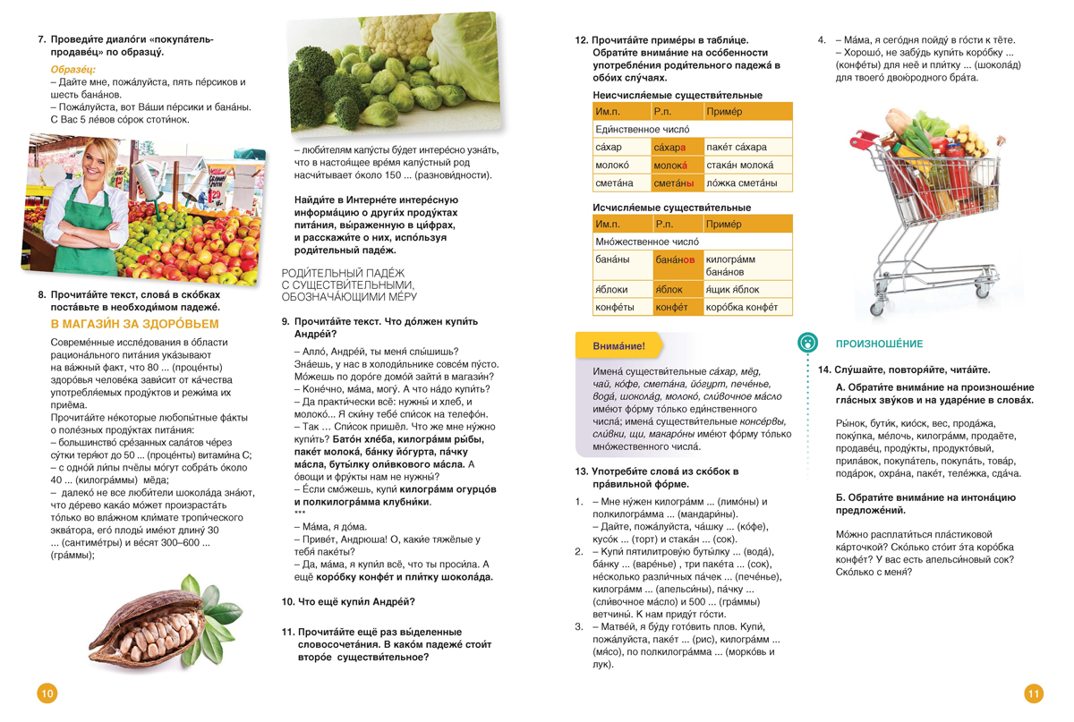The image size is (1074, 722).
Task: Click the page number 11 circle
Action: (1034, 692)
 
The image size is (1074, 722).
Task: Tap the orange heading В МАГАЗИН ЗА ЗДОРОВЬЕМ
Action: (134, 324)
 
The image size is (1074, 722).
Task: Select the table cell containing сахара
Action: (669, 147)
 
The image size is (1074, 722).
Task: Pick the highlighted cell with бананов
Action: (674, 259)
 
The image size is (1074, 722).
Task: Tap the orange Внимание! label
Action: (618, 345)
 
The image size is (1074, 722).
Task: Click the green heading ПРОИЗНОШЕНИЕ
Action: (866, 344)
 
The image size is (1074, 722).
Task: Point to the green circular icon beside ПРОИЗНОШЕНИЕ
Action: (807, 342)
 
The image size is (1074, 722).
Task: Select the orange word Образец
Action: (73, 69)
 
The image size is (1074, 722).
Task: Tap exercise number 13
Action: (581, 471)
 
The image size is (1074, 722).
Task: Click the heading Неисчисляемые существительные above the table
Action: (678, 95)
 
